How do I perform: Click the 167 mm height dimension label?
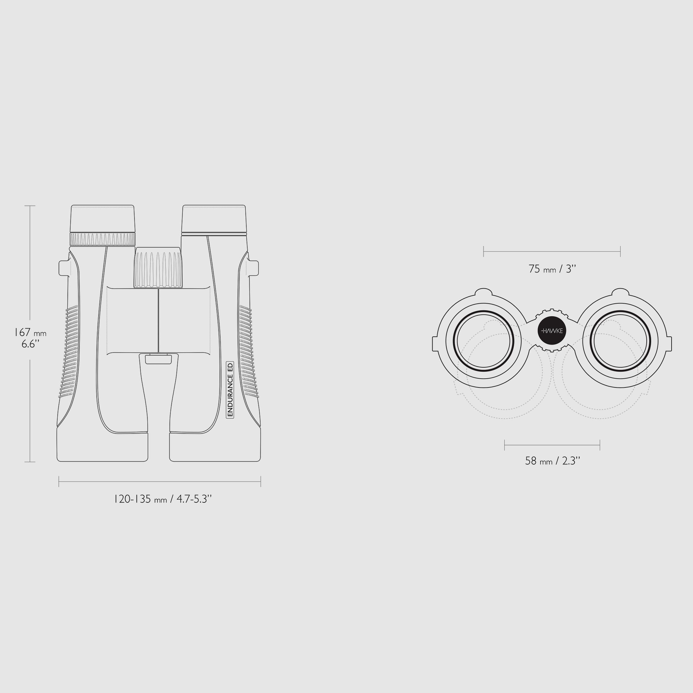point(30,333)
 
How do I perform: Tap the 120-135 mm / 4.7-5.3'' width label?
point(163,499)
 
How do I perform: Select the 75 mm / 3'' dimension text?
point(553,269)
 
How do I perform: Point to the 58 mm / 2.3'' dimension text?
point(553,461)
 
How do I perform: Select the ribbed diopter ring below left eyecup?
point(103,239)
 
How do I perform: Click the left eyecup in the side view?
point(102,219)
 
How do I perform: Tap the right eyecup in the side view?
point(214,219)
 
